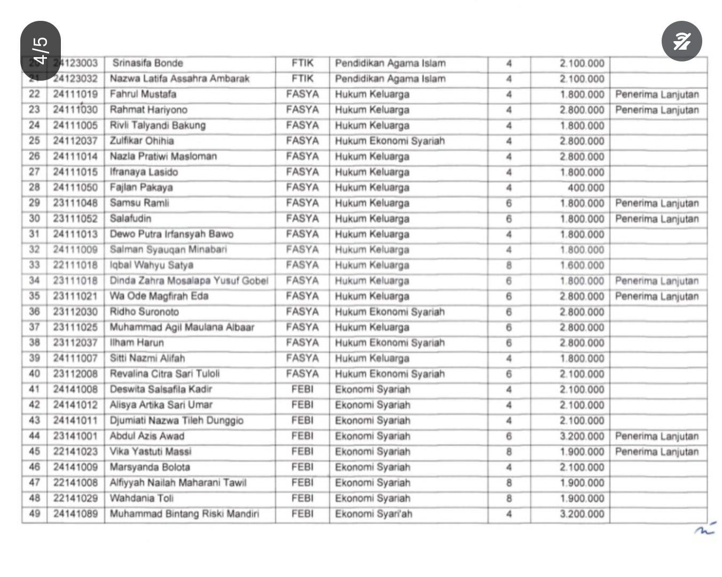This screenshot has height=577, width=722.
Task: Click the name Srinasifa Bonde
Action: pos(147,63)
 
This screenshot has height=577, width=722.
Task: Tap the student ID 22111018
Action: pos(75,265)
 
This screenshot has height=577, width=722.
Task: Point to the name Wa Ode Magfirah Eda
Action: pos(159,296)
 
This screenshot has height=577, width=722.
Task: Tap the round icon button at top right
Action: pos(681,41)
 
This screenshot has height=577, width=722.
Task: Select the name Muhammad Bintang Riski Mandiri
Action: pos(184,514)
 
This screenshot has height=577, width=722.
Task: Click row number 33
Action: pos(35,265)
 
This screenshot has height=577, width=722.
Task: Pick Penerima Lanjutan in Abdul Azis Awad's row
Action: pos(657,436)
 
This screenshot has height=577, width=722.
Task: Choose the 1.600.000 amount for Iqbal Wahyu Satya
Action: pos(582,266)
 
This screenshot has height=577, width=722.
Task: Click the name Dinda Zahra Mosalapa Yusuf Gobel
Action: pos(189,280)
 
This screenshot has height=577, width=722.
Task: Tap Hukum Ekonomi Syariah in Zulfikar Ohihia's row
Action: pos(390,141)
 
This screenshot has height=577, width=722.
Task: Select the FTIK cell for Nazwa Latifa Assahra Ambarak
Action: pos(302,79)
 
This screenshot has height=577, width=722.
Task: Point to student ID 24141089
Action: pos(75,514)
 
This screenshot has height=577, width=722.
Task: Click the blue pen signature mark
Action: pos(705,529)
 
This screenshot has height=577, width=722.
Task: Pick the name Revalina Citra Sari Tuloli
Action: pos(164,373)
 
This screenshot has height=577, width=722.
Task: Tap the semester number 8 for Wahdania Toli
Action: pos(509,498)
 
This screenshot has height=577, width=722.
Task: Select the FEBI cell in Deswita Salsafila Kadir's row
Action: pos(302,389)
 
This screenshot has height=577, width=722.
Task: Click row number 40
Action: pos(35,373)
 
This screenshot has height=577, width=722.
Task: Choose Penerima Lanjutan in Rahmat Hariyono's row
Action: pos(657,110)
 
